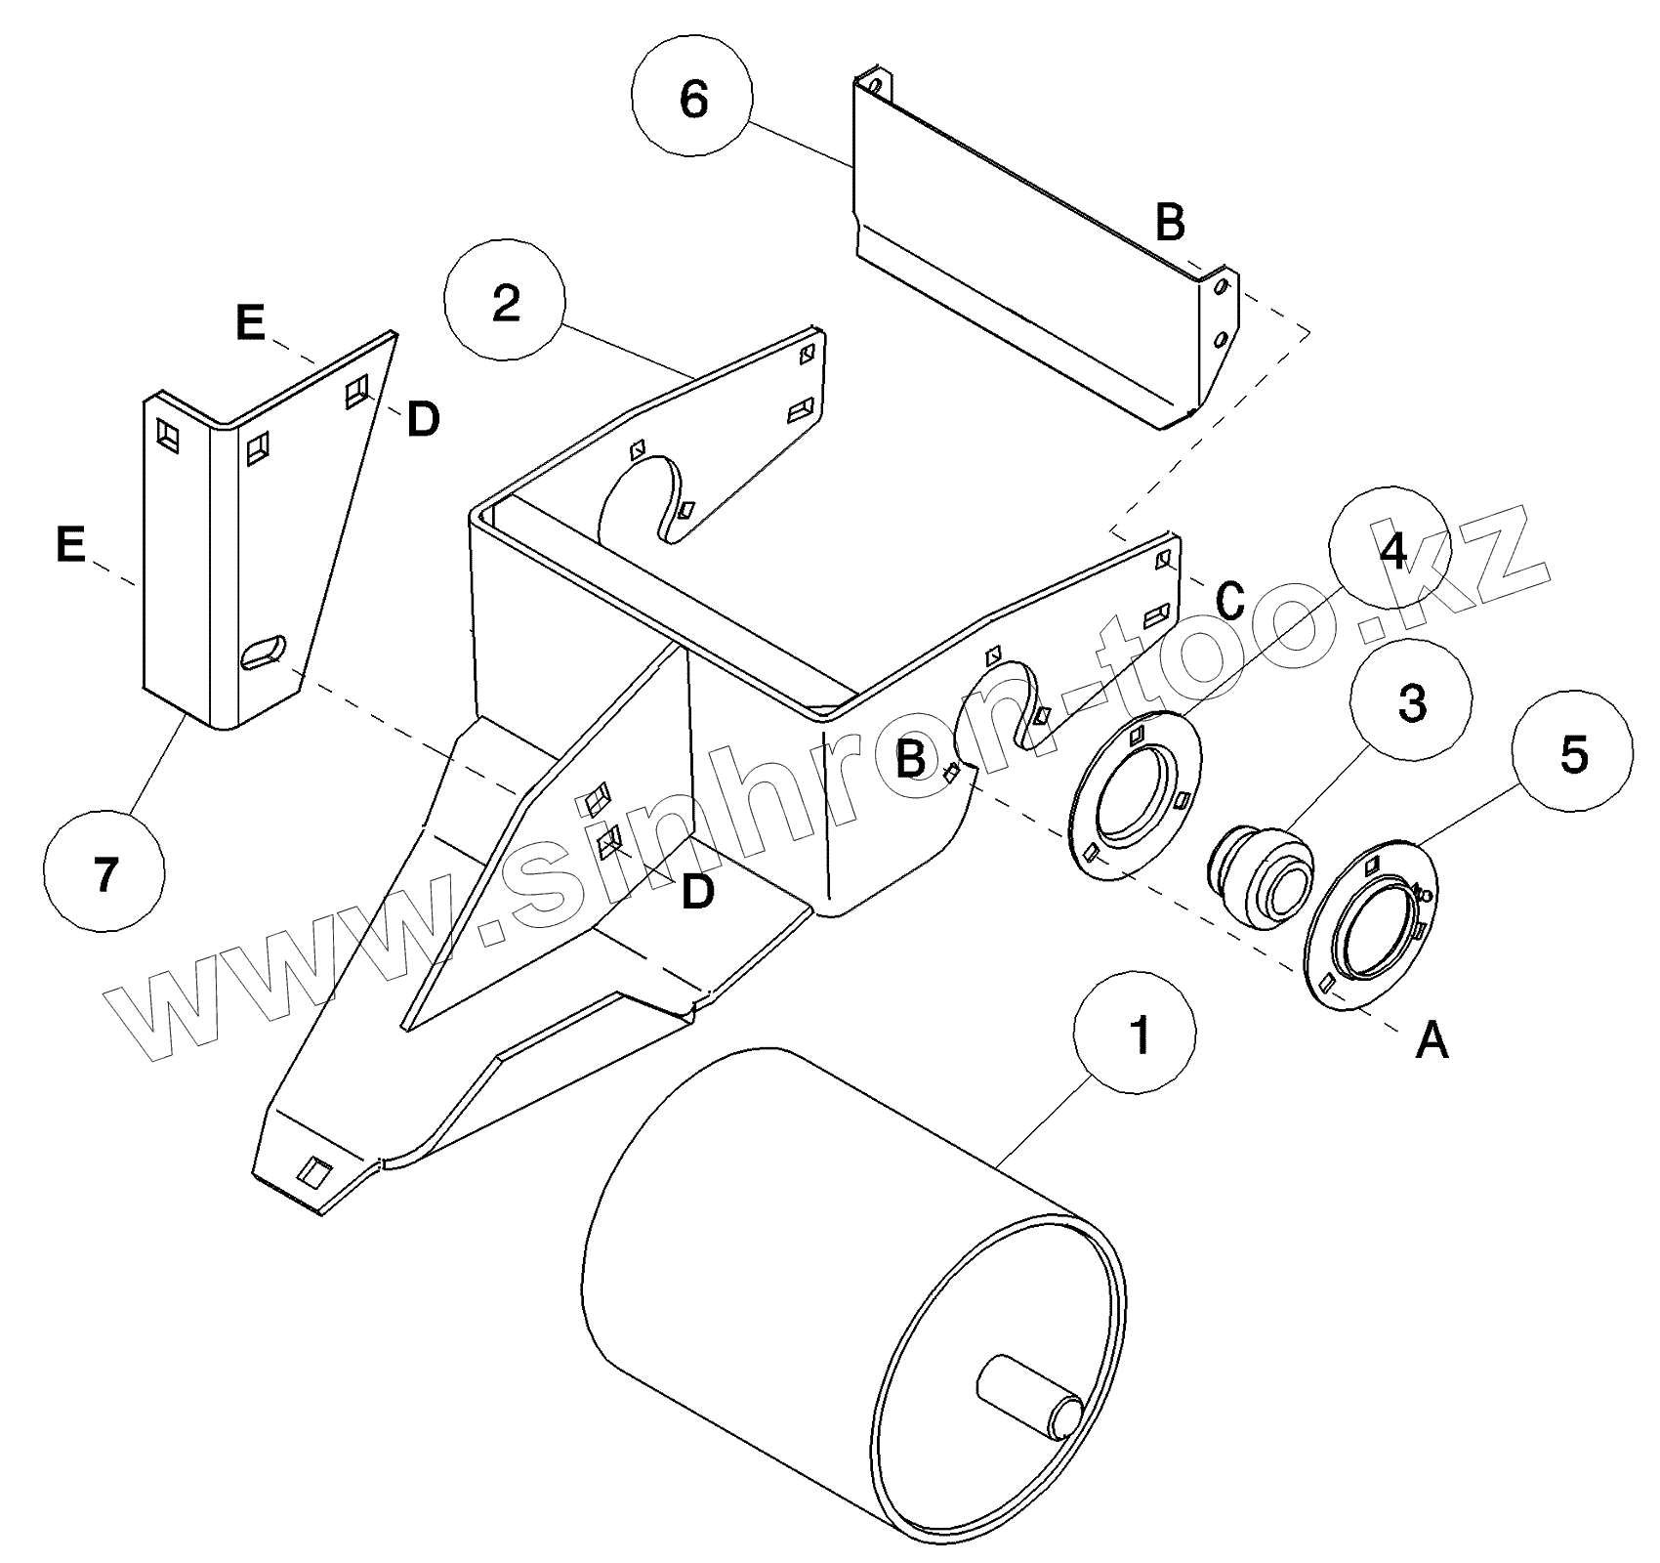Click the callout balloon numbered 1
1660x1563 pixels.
1135,1034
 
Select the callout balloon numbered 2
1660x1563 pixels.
505,304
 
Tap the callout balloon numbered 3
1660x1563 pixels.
1411,703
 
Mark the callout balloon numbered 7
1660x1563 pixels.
105,873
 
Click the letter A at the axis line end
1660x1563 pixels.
1432,1041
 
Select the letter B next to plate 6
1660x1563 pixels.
1170,223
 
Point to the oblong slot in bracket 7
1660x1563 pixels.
263,652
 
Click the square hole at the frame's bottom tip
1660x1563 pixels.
313,1171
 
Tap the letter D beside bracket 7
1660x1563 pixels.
423,420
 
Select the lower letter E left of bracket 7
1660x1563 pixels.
70,544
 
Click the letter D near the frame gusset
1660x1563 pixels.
697,891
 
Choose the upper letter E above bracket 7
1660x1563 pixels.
251,323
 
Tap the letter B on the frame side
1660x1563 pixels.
910,759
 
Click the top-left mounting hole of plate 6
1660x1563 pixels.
876,87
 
